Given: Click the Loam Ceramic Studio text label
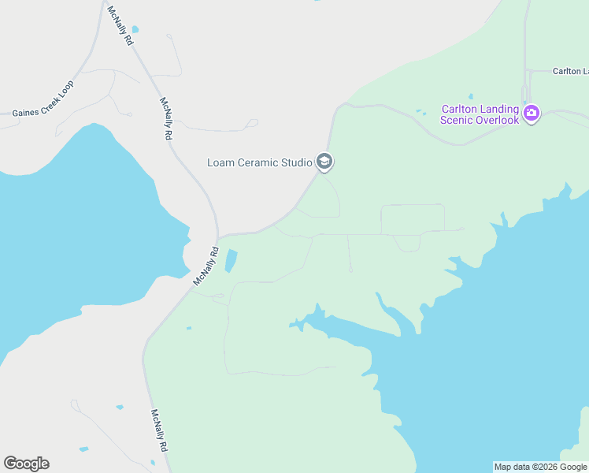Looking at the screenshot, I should (x=259, y=163).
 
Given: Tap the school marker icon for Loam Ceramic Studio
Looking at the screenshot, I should (x=324, y=162).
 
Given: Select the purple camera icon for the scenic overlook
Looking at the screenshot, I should (x=532, y=113).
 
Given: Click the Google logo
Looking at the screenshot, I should (x=26, y=464).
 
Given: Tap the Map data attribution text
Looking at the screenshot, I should (x=540, y=467).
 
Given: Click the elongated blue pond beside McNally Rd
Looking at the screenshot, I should (x=231, y=260).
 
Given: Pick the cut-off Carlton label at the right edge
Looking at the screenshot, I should (x=570, y=71).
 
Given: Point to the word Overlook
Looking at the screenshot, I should (x=498, y=120).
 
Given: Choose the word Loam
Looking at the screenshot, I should (x=220, y=163).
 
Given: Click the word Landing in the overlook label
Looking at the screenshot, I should (x=501, y=109).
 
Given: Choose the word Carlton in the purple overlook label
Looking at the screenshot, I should (x=460, y=109).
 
